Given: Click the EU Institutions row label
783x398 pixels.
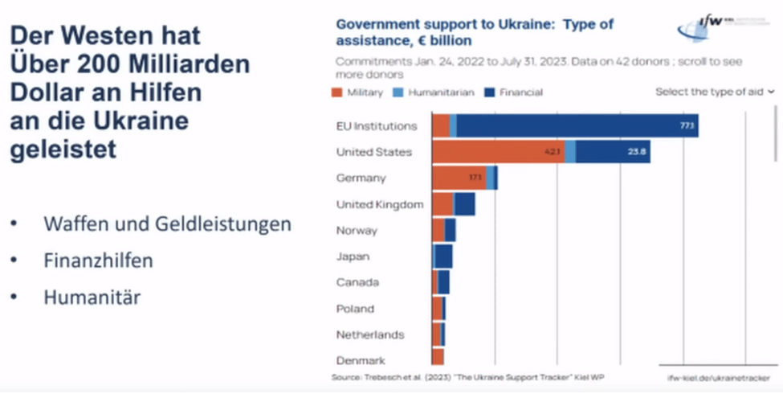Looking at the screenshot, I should pyautogui.click(x=377, y=126).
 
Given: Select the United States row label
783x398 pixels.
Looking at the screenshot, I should pyautogui.click(x=373, y=152).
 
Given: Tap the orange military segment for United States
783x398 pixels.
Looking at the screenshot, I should pyautogui.click(x=498, y=151).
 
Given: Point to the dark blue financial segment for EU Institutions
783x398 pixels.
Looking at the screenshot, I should pyautogui.click(x=574, y=126).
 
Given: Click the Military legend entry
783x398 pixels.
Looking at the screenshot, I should pyautogui.click(x=359, y=92).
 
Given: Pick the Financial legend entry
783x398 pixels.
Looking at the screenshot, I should pyautogui.click(x=514, y=92).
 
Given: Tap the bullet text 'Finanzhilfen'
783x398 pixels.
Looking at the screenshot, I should pyautogui.click(x=98, y=261).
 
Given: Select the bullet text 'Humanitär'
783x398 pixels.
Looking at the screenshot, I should pyautogui.click(x=92, y=297).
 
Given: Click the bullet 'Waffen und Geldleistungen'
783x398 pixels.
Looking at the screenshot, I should pyautogui.click(x=167, y=224).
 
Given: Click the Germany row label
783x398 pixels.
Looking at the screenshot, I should pyautogui.click(x=361, y=178).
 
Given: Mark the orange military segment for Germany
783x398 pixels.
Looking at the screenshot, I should pyautogui.click(x=459, y=178).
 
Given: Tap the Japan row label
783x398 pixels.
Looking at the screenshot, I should pyautogui.click(x=353, y=256).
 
